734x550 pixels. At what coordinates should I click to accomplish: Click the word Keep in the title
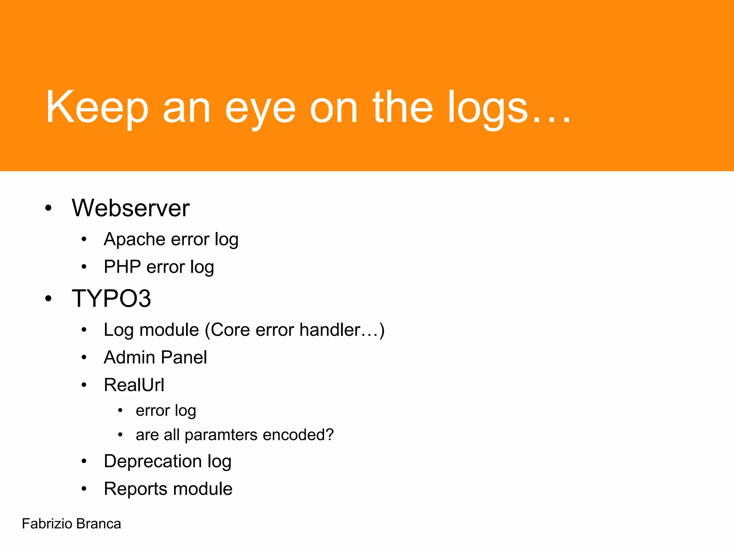97,107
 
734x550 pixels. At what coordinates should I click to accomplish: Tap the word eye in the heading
261,109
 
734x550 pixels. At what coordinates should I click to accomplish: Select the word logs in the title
488,109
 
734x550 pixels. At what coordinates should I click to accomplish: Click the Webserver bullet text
130,208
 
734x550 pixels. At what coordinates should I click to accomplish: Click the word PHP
122,267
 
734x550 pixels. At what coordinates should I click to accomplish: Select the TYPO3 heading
111,298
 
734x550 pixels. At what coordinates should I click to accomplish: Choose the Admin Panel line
155,357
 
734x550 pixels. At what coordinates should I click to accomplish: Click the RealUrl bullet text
134,385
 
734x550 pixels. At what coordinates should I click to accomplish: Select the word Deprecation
153,461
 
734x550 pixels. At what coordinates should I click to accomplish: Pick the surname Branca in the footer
99,524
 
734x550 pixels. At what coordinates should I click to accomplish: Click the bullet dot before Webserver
48,208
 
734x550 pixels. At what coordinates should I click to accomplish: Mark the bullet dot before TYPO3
48,298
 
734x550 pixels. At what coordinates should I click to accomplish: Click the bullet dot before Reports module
84,489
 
